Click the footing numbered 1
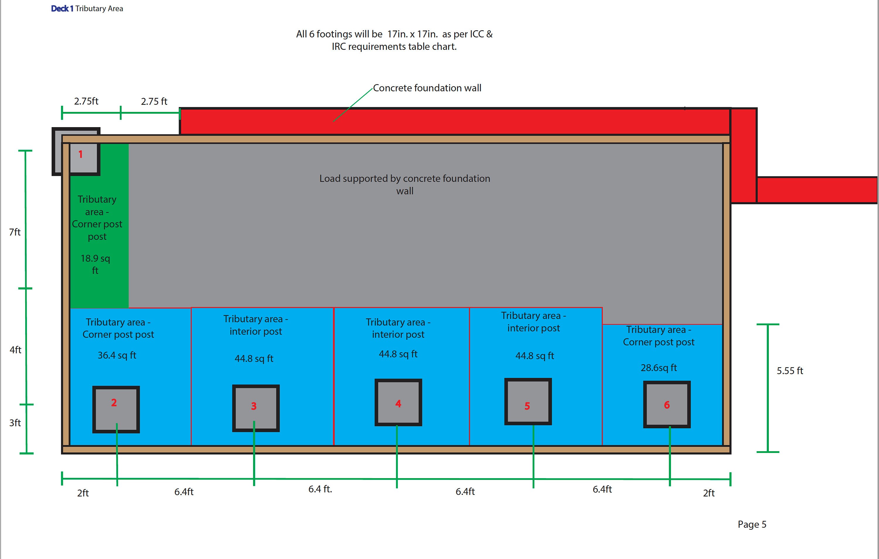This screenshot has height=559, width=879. click(x=76, y=151)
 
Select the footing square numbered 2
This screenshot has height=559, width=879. click(x=116, y=409)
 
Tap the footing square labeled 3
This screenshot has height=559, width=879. click(x=256, y=408)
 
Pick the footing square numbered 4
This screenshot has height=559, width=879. click(x=398, y=402)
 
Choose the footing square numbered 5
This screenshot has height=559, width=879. click(x=528, y=402)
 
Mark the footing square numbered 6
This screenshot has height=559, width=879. click(x=667, y=404)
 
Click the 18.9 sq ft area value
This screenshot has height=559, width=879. click(x=95, y=264)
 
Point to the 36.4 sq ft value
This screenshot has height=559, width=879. click(x=117, y=355)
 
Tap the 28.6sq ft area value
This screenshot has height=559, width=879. click(x=659, y=368)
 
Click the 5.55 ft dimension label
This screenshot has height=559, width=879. click(x=790, y=371)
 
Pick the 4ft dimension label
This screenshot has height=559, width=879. click(x=15, y=350)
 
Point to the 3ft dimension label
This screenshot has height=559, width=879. click(x=15, y=423)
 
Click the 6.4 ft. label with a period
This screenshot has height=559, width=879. click(x=320, y=489)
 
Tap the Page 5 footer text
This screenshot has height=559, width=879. click(x=752, y=525)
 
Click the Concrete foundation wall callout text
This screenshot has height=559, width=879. click(x=427, y=88)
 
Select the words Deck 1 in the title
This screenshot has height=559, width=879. click(x=62, y=8)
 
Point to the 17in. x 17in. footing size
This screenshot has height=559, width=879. click(x=413, y=34)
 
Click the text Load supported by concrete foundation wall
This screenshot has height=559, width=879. click(x=405, y=184)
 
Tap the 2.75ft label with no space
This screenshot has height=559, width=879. click(x=86, y=101)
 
